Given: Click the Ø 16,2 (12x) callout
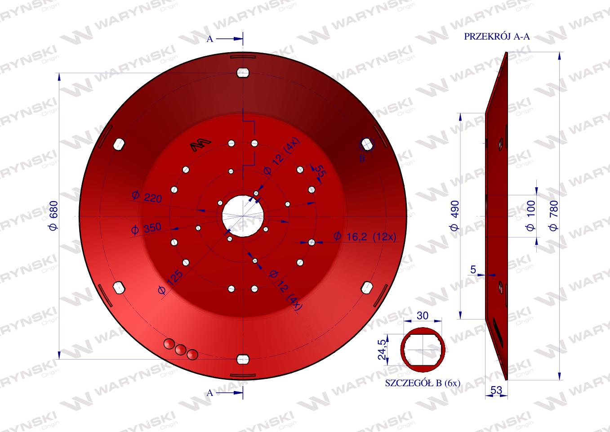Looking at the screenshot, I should [365, 237].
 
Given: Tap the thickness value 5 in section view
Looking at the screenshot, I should [472, 270].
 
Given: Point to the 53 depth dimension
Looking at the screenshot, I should [496, 391].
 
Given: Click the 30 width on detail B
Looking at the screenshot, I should [423, 315].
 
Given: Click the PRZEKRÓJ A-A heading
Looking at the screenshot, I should [497, 37].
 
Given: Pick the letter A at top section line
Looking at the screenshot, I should [209, 39].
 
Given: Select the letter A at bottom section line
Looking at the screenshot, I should [209, 393].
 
